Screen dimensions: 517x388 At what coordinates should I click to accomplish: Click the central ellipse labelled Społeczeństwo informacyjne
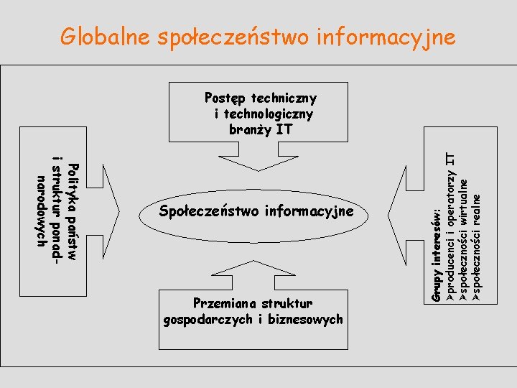pyautogui.click(x=256, y=211)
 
